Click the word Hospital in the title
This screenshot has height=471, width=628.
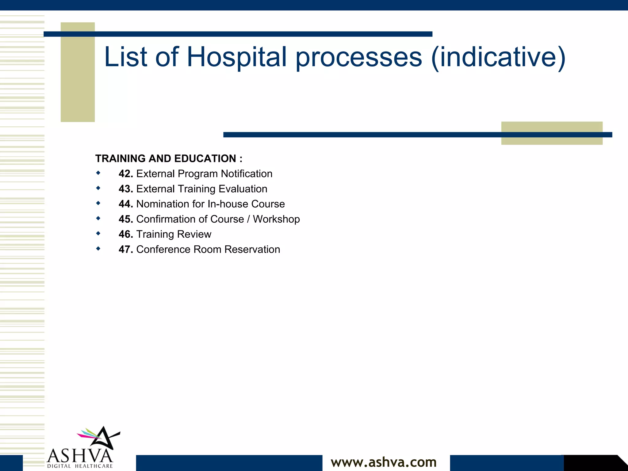[236, 57]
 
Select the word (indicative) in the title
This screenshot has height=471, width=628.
[498, 57]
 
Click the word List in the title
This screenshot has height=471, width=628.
[126, 57]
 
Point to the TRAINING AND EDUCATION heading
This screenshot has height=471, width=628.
[169, 159]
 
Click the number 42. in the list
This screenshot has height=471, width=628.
[126, 174]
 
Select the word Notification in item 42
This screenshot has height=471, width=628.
[247, 174]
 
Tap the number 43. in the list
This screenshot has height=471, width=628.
[126, 189]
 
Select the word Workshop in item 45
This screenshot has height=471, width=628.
[276, 219]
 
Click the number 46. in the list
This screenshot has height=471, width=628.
[126, 234]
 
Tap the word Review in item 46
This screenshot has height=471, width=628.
[194, 234]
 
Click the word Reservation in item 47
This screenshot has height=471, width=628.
[252, 249]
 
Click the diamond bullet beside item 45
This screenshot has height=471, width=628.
[98, 218]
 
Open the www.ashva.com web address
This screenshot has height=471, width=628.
[384, 462]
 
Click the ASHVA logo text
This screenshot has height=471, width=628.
[80, 456]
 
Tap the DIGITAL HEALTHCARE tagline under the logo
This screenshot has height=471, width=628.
[80, 466]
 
